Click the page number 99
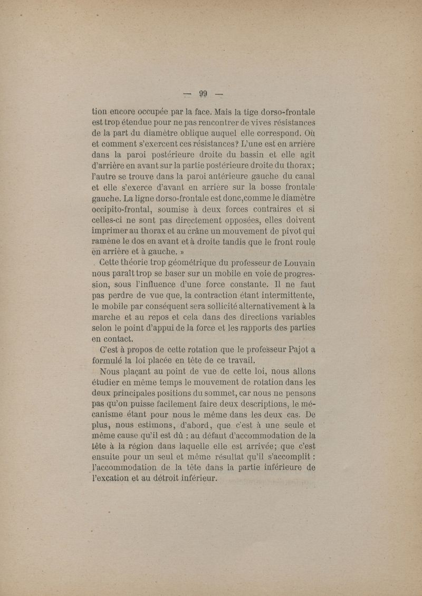(x=204, y=94)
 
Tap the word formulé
(x=111, y=361)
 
